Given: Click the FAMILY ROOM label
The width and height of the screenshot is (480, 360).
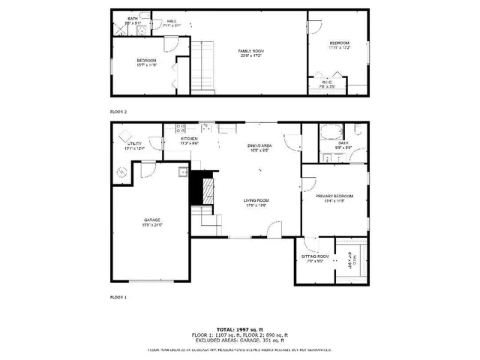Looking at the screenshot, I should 251,51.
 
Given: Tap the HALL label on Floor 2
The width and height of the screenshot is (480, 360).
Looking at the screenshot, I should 172,21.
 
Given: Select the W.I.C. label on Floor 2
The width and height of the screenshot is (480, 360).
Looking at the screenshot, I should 327,82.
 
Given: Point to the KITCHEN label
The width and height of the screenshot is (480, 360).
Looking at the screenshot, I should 189,139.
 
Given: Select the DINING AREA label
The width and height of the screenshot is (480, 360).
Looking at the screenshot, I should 259,145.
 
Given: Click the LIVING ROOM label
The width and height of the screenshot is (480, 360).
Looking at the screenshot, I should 256,200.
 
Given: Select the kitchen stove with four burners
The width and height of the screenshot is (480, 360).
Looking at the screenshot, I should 180,127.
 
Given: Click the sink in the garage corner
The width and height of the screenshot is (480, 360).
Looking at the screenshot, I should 182,172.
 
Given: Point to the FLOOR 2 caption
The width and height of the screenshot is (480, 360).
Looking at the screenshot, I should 118,110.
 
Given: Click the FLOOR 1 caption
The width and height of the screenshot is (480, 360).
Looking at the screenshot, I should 118,298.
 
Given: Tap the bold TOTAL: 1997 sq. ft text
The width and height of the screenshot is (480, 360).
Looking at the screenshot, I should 240,328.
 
